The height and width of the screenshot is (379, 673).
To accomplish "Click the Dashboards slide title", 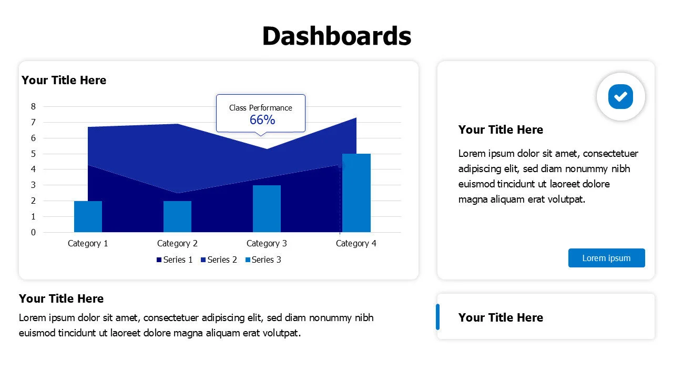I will (x=336, y=36).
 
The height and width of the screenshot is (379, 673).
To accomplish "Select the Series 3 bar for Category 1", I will (x=88, y=216).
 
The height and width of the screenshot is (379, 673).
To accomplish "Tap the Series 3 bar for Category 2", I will (x=177, y=216).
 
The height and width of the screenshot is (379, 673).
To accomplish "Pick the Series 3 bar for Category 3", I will (x=267, y=208).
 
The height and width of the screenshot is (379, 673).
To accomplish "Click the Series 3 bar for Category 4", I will (x=356, y=193).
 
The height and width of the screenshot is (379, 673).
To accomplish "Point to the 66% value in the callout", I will (x=262, y=120).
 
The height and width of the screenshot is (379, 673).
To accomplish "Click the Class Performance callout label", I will (x=261, y=108).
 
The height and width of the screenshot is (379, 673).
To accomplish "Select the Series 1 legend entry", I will (x=175, y=260).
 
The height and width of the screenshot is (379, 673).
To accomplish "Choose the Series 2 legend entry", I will (x=219, y=260).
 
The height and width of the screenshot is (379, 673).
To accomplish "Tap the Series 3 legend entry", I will (x=263, y=260).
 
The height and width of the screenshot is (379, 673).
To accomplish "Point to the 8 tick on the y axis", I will (x=34, y=106).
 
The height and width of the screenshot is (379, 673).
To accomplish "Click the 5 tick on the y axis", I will (x=34, y=154).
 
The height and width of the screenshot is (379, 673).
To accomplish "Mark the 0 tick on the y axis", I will (x=34, y=232).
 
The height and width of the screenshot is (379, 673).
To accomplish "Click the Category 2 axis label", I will (x=177, y=243).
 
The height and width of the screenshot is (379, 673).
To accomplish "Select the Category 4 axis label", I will (x=356, y=243).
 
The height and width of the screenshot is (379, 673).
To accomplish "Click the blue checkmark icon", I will (x=620, y=96).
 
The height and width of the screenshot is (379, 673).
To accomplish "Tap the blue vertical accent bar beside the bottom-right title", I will (x=437, y=317).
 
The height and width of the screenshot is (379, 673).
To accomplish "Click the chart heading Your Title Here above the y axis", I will (x=64, y=80).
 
